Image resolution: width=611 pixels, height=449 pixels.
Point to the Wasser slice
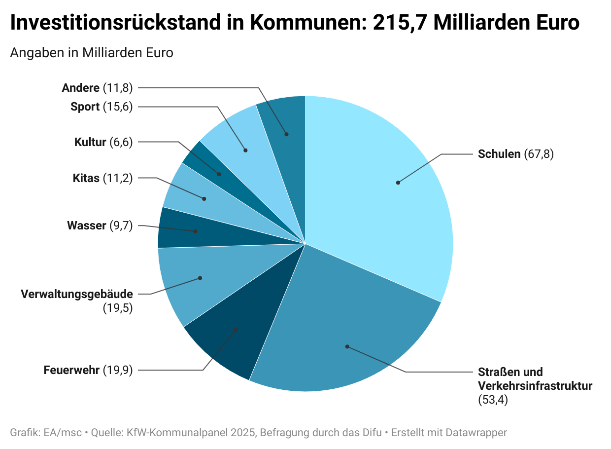(x=187, y=229)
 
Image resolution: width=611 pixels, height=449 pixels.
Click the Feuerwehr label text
(x=71, y=370)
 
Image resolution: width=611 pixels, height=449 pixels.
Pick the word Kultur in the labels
(x=90, y=142)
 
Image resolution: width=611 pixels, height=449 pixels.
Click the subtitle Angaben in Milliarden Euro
(x=92, y=53)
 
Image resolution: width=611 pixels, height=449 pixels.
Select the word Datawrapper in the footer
(x=476, y=433)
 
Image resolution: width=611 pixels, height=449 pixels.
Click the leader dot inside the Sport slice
(x=245, y=150)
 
